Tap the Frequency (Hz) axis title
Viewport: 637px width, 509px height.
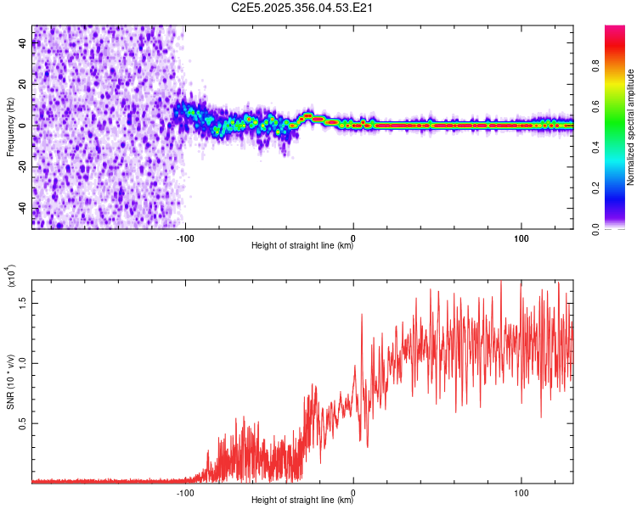point(10,127)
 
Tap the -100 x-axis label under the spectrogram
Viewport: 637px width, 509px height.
point(186,237)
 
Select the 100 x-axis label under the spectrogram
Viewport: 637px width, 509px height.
point(521,237)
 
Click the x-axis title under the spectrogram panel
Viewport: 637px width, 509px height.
point(302,246)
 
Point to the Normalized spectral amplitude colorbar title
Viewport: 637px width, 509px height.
point(631,127)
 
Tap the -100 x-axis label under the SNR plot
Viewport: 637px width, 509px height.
point(186,491)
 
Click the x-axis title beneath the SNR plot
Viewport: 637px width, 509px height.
point(302,501)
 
